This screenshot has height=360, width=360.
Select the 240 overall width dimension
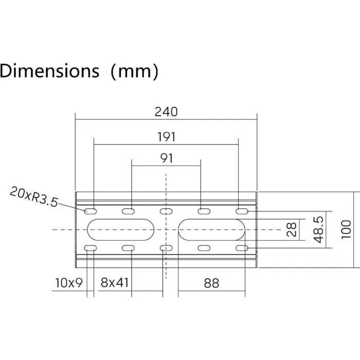pyautogui.click(x=166, y=111)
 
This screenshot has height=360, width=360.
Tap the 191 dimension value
pyautogui.click(x=166, y=137)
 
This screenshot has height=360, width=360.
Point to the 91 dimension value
pyautogui.click(x=166, y=158)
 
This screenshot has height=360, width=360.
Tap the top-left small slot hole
pyautogui.click(x=91, y=211)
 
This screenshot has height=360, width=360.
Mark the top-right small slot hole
pyautogui.click(x=242, y=211)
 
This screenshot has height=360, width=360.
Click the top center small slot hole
pyautogui.click(x=166, y=211)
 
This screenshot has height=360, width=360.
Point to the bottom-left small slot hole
pyautogui.click(x=91, y=248)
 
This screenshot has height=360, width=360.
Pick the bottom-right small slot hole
pyautogui.click(x=242, y=248)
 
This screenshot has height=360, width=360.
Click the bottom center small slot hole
pyautogui.click(x=166, y=248)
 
